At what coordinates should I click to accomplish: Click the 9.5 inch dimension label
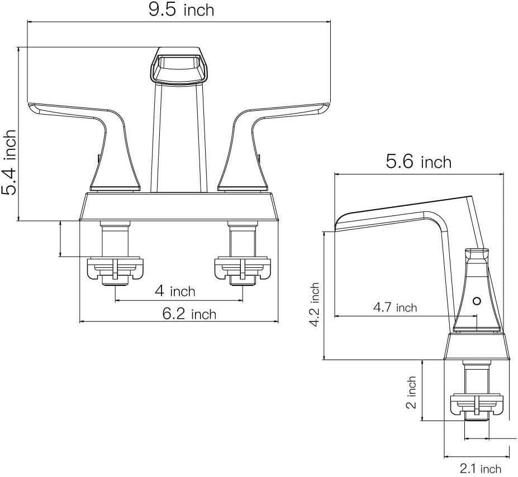[181, 10]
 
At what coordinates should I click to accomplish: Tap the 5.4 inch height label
[9, 162]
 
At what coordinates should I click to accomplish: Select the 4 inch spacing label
[175, 291]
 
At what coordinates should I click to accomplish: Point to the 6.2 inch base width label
[189, 314]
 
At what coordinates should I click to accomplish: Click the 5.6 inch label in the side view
[419, 162]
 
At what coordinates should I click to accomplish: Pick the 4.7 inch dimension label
[395, 308]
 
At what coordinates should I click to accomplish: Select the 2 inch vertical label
[411, 393]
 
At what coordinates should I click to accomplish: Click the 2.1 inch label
[481, 469]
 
